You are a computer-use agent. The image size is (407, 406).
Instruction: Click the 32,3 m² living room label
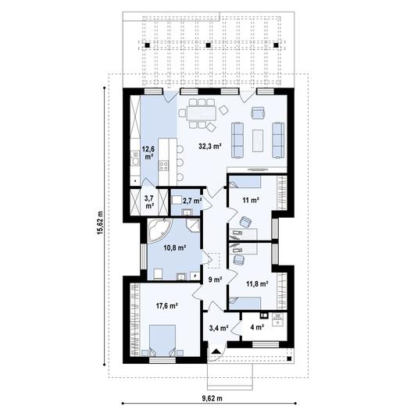click(210, 146)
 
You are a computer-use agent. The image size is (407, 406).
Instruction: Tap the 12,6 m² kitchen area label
click(148, 153)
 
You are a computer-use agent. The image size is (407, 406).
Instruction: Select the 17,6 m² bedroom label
click(166, 305)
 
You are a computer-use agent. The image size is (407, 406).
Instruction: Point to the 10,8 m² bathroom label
click(174, 248)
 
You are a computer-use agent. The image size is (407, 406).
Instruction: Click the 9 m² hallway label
click(215, 280)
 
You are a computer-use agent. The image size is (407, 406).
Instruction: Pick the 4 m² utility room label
click(257, 327)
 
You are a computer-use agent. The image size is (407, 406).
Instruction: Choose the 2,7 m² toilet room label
click(192, 201)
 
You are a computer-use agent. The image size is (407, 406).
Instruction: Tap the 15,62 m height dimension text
click(100, 223)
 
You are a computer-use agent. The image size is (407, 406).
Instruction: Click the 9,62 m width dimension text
click(212, 398)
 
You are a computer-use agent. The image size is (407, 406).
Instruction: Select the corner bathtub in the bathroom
click(159, 230)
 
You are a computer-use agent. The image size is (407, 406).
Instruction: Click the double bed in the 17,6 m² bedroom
click(162, 340)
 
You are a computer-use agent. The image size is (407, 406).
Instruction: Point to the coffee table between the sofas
click(258, 141)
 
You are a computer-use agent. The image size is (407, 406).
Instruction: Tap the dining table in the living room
click(202, 113)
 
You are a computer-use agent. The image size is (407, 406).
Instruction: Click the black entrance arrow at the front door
click(216, 351)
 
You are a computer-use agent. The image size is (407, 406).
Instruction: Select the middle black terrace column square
click(208, 45)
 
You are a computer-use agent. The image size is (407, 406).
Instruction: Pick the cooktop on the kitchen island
click(164, 166)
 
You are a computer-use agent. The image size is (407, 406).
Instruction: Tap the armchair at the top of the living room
click(258, 112)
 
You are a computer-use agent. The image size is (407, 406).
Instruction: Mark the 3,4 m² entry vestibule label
click(219, 328)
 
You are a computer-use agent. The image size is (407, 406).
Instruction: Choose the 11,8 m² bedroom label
click(258, 283)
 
